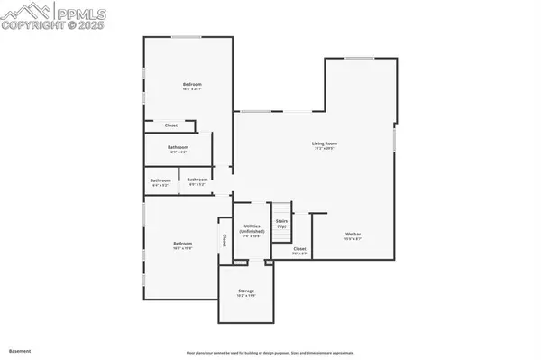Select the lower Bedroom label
coord(183,245)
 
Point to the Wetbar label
coord(352,236)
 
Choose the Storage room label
coord(246,292)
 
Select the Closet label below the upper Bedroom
coord(171,126)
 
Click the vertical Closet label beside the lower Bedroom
coord(223,241)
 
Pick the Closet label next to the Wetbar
coord(299,251)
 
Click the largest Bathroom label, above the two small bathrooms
coord(178,149)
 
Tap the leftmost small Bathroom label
coord(160,181)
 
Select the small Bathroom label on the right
coord(197,180)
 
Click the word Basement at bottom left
coord(19,350)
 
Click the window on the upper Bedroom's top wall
coord(188,36)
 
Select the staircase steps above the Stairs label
coord(281,208)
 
